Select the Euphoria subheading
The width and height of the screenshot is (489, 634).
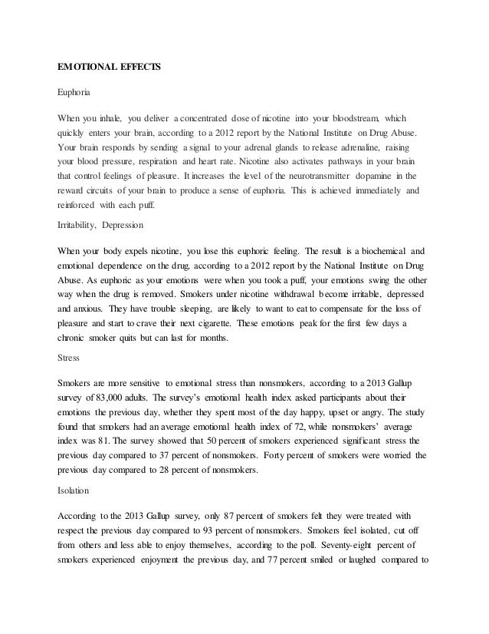click(x=74, y=93)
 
